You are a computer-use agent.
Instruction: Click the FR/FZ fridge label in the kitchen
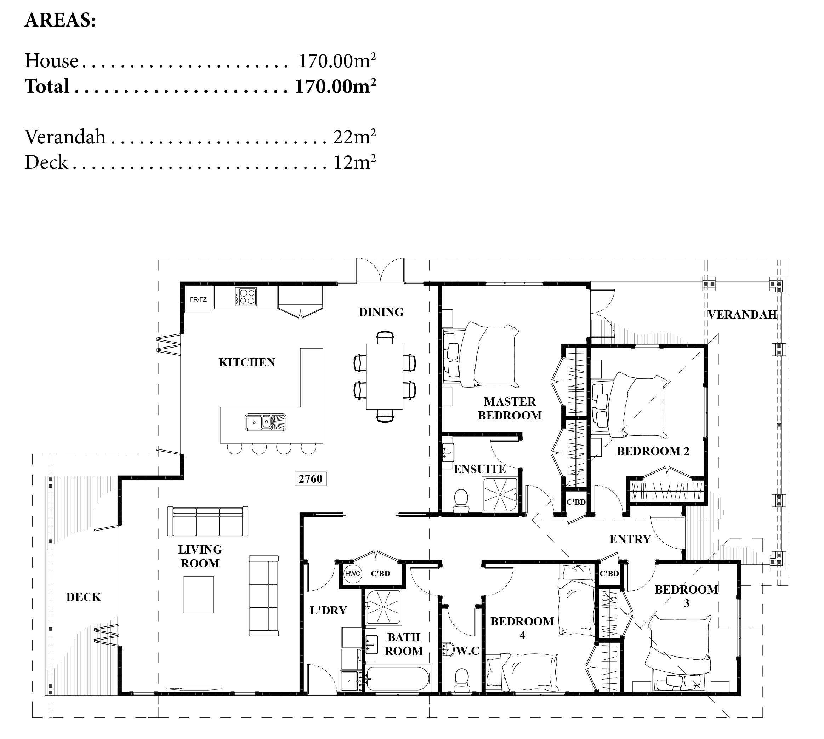coord(198,300)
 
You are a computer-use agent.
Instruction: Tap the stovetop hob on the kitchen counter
coord(246,296)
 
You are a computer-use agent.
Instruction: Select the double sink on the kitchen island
coord(265,422)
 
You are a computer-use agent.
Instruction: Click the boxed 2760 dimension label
coord(311,479)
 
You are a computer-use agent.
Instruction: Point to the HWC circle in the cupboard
coord(352,574)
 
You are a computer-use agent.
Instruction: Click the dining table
coord(384,377)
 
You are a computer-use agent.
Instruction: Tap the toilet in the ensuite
coord(461,501)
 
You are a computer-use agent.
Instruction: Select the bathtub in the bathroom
coord(397,679)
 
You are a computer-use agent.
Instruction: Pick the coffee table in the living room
coord(198,595)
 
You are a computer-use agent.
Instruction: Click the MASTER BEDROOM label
coord(510,408)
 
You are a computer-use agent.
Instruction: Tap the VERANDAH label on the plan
coord(742,314)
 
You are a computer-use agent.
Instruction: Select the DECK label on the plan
coord(83,597)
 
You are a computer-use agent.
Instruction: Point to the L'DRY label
coord(328,610)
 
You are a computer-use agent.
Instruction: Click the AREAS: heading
coord(60,20)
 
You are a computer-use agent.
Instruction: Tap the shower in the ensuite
coord(500,494)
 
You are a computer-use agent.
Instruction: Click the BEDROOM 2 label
coord(653,451)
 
